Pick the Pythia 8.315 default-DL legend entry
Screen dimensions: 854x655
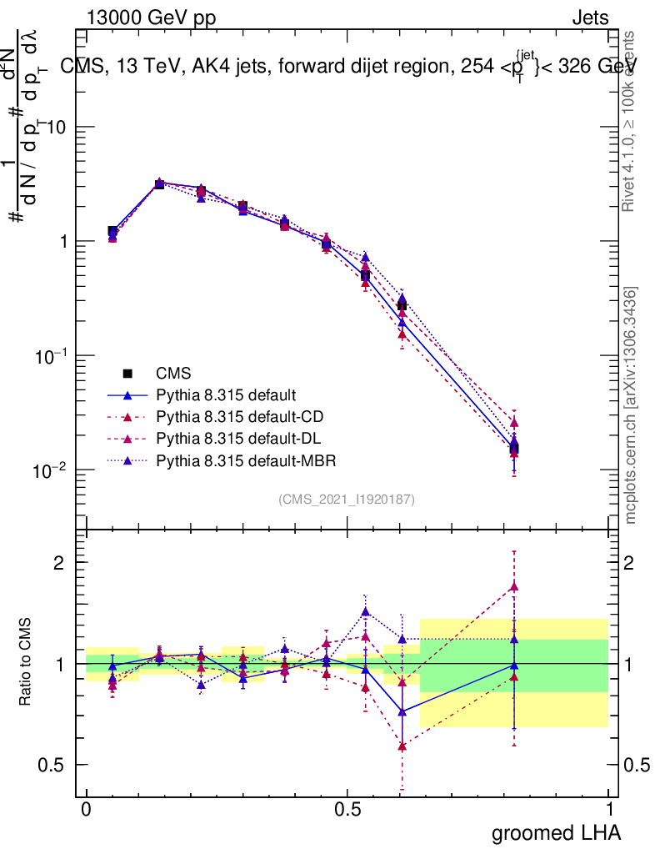[x=237, y=439]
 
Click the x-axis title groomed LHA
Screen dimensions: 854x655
[x=556, y=832]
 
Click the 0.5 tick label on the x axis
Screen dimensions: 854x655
[x=347, y=810]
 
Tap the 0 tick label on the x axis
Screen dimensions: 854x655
[x=87, y=810]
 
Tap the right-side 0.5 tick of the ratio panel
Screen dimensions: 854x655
[x=636, y=765]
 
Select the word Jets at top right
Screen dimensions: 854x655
[x=589, y=18]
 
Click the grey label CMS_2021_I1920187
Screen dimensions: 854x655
[x=347, y=500]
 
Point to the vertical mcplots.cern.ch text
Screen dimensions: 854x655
[x=632, y=406]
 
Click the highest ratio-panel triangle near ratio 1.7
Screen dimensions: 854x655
[x=514, y=586]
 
